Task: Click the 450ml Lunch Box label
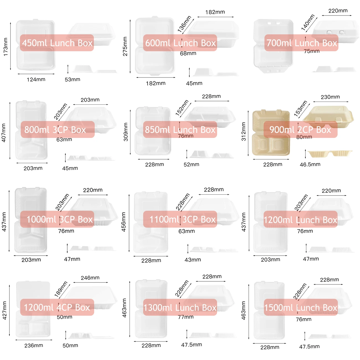57,43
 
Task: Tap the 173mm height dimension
6,47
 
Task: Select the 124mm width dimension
36,79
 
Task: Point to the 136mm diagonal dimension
184,24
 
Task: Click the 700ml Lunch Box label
301,43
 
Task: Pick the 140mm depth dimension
308,22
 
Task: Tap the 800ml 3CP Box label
58,129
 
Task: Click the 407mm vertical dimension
4,133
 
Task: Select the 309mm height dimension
125,132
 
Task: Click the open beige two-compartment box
271,133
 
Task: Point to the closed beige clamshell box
328,116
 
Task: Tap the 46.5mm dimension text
310,164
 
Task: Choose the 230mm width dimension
330,97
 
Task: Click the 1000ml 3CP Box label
57,219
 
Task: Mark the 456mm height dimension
124,222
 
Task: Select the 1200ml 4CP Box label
57,307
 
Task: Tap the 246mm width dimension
90,278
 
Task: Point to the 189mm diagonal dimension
61,289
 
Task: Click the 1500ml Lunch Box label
301,307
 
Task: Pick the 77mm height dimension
186,317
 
